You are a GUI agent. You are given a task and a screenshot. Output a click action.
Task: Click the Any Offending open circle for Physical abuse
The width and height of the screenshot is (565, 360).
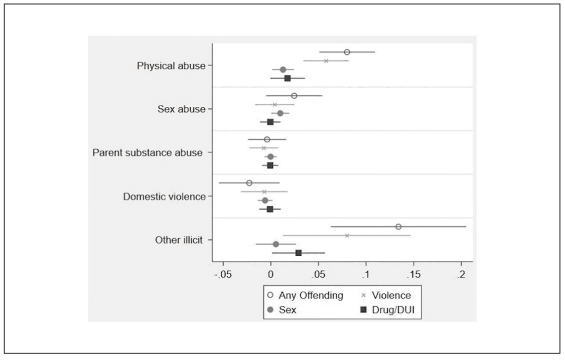347,52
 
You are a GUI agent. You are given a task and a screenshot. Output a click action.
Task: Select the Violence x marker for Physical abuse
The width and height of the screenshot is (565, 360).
326,61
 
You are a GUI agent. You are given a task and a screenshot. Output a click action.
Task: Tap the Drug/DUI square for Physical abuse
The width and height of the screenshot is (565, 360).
288,78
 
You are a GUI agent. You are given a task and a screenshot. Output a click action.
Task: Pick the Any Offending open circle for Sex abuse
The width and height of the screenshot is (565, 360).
294,96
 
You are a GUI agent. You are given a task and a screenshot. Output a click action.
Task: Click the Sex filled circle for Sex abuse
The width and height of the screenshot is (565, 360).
280,113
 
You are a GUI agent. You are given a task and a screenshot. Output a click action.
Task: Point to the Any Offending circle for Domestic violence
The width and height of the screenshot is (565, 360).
249,183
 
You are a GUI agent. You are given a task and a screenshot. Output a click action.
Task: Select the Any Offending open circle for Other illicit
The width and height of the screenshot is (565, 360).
398,227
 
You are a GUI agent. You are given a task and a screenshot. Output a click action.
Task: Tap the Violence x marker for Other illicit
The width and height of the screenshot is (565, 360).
347,235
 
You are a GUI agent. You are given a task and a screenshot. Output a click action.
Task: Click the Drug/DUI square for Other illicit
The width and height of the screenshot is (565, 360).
299,253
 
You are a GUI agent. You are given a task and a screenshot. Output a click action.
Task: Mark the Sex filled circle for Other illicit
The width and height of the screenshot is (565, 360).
276,244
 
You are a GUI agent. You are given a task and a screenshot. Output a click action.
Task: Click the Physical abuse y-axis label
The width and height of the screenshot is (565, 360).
171,66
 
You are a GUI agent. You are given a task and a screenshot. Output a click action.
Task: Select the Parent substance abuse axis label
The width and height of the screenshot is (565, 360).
148,152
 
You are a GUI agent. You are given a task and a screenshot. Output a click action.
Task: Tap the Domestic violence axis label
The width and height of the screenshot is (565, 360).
164,197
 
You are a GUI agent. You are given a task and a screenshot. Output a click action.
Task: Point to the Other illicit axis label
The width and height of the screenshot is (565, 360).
179,240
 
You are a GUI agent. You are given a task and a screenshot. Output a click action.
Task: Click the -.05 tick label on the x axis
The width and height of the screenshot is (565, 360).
223,275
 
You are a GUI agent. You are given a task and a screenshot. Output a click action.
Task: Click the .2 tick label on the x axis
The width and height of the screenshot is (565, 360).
461,275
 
